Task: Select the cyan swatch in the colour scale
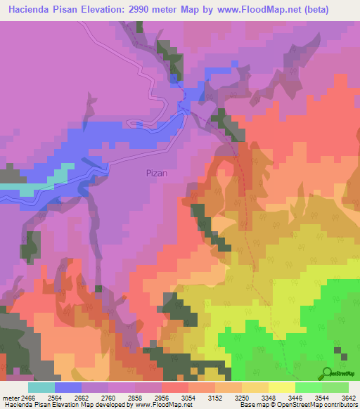(41, 387)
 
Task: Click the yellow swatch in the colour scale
(281, 387)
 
